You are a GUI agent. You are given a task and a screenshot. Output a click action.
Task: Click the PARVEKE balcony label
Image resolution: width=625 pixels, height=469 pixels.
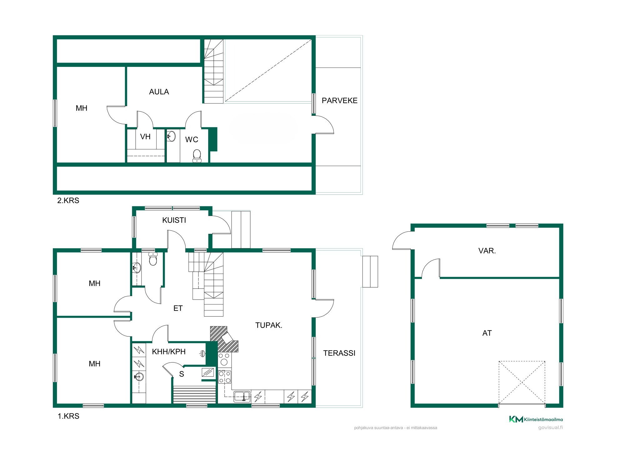[339, 100]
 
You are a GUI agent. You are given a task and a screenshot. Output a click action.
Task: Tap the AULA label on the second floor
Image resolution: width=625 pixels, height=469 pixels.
[159, 92]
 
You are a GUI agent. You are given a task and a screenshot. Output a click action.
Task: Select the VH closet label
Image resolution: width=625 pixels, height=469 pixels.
[145, 137]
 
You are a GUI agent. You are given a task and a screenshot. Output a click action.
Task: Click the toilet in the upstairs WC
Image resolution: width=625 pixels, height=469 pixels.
[197, 156]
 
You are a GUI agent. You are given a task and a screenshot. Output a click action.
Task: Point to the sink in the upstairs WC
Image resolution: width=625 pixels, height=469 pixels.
[171, 136]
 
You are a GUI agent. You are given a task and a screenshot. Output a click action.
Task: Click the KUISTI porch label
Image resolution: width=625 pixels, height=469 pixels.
[174, 220]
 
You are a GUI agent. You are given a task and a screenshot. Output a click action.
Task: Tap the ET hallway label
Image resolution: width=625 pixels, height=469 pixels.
[178, 308]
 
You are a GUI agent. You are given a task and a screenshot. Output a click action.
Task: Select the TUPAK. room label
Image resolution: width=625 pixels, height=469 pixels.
[269, 325]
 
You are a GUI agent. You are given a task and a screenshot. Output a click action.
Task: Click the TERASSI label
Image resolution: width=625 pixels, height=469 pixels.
[339, 353]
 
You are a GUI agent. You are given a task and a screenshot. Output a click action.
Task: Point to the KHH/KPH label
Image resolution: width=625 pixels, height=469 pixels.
[169, 352]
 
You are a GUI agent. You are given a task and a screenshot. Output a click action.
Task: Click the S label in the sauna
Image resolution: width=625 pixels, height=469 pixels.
[182, 374]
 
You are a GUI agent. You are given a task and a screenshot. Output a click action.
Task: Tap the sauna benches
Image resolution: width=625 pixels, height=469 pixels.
[194, 395]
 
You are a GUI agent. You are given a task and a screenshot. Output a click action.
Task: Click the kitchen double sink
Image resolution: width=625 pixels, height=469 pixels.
[242, 396]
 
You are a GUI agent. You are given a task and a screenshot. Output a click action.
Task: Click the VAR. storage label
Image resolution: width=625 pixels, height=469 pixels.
[487, 251]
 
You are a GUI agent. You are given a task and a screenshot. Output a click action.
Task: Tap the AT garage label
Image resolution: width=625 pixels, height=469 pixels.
[487, 333]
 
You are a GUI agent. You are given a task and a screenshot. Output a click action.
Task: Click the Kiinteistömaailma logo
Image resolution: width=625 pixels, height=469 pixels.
[536, 419]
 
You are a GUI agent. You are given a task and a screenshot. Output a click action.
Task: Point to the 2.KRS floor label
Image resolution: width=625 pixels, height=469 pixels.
[68, 200]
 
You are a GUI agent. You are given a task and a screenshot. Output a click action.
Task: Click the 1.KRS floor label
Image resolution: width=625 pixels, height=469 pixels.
[68, 416]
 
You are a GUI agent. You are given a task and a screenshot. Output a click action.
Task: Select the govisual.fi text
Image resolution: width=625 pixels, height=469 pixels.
[550, 427]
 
